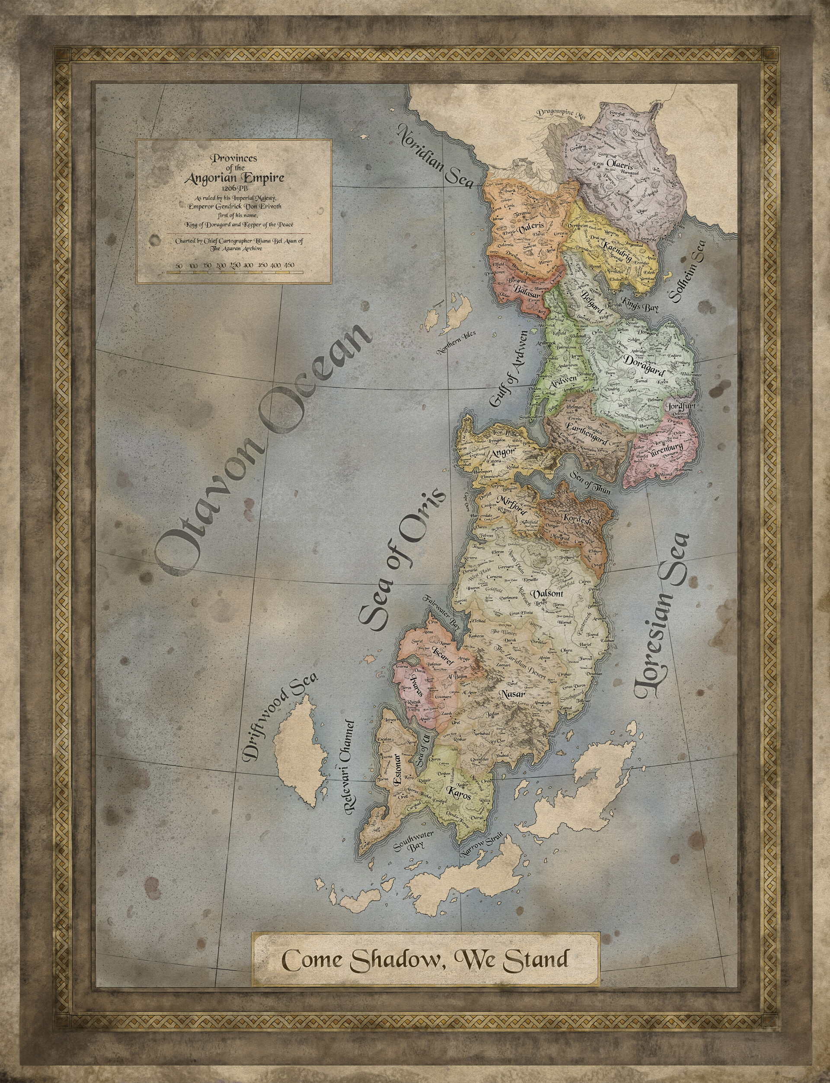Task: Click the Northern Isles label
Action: [x=456, y=343]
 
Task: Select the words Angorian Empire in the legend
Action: [x=234, y=178]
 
